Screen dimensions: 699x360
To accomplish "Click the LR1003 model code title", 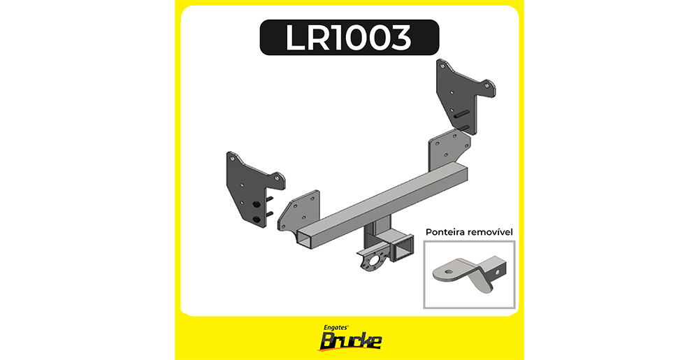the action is click(x=349, y=38).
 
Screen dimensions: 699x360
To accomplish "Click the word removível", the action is click(x=491, y=232).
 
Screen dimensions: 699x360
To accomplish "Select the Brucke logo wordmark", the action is click(x=349, y=342).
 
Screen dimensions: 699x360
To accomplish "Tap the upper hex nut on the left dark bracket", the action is click(x=257, y=205).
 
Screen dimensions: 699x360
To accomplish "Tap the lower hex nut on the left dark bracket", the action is click(x=257, y=219).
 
